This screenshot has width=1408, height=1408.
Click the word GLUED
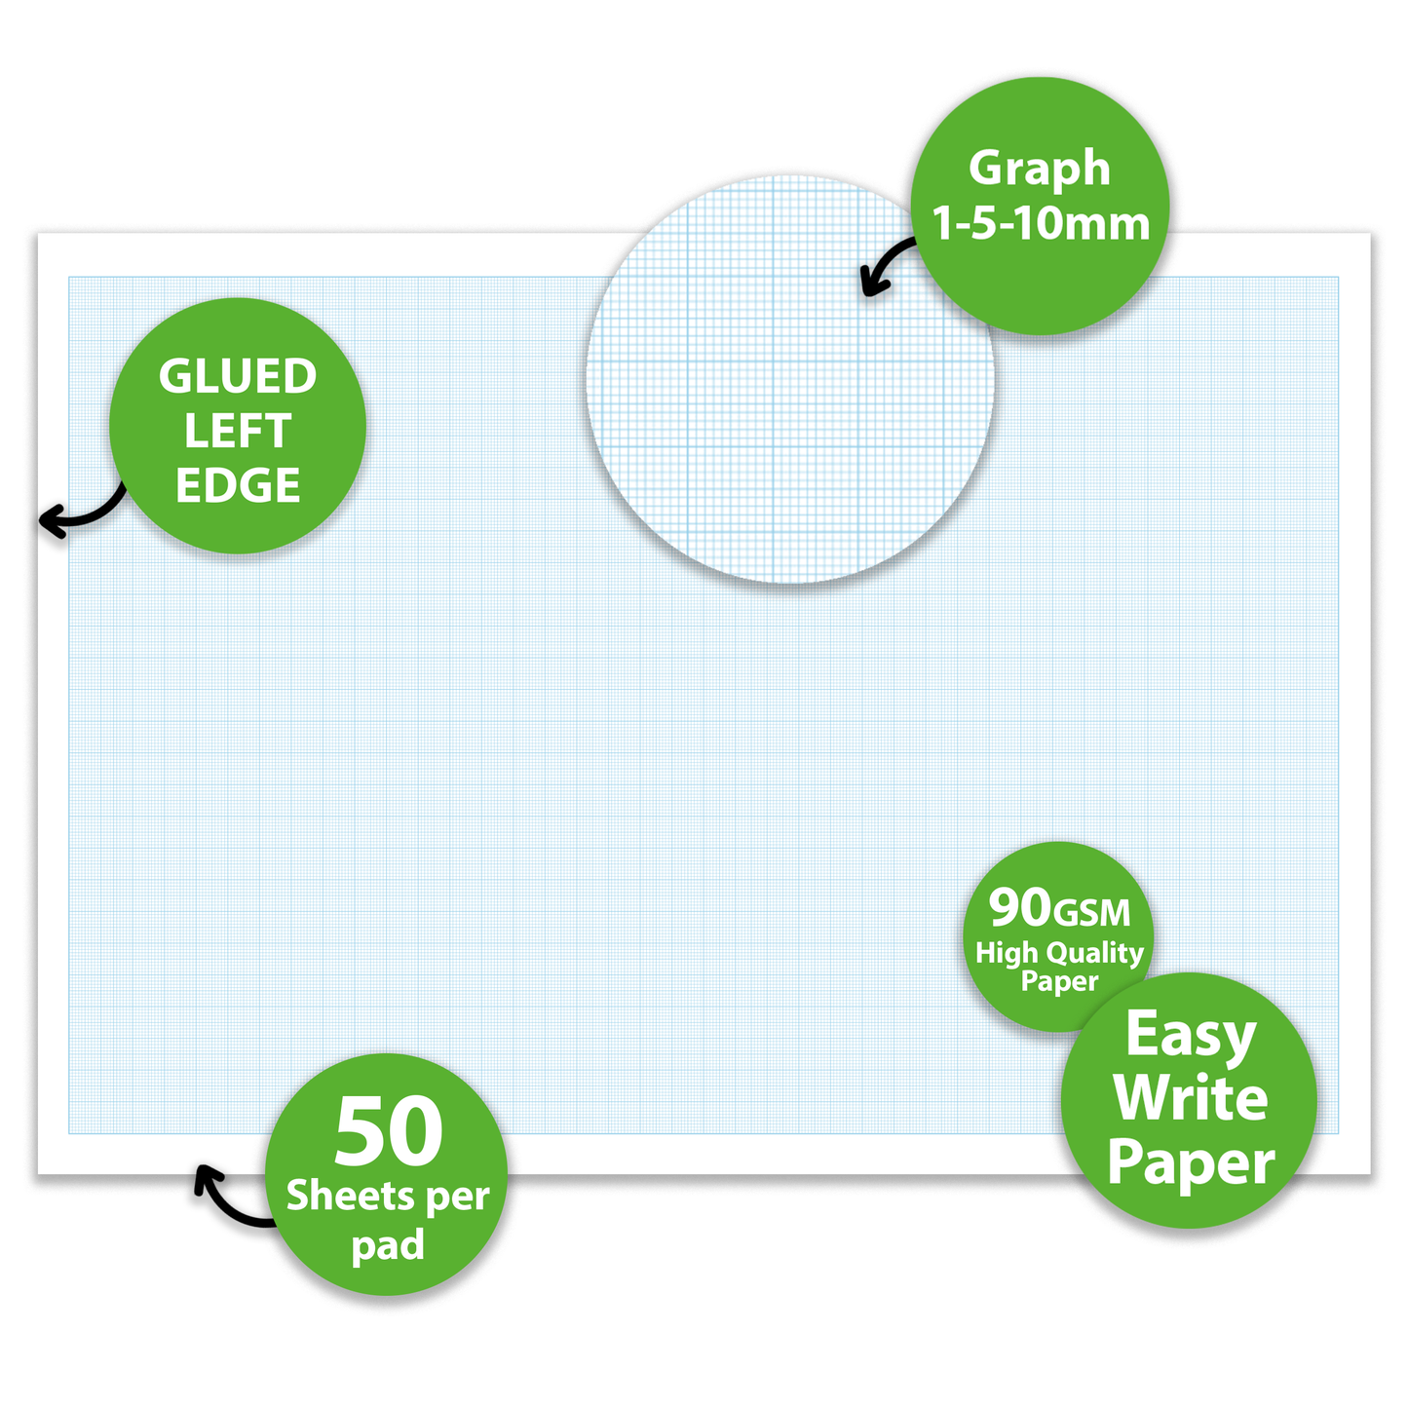[x=238, y=377]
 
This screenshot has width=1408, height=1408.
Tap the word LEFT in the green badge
[x=238, y=432]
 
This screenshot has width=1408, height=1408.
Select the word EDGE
[x=238, y=486]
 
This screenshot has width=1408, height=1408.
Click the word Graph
[x=1040, y=169]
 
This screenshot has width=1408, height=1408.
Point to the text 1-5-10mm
[x=1041, y=224]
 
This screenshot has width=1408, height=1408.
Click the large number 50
[x=388, y=1132]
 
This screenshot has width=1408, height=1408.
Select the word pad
[x=388, y=1245]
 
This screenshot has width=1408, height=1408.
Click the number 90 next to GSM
[x=1020, y=907]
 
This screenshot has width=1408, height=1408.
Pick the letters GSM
[x=1093, y=913]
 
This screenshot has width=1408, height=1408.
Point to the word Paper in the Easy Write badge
[x=1191, y=1163]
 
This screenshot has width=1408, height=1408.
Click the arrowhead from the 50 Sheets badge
[x=204, y=1176]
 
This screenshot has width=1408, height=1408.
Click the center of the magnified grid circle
[x=790, y=380]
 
